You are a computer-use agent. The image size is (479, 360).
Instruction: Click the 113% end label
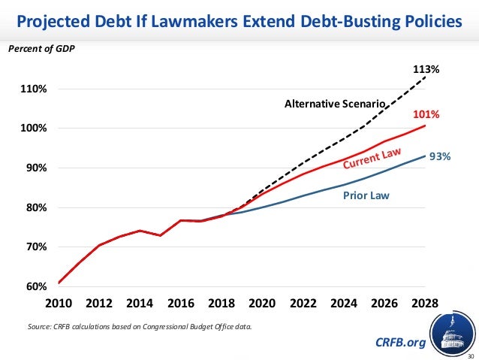point(426,69)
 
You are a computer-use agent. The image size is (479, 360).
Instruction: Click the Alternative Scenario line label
point(334,104)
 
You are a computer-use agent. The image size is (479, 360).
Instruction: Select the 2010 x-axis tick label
point(59,304)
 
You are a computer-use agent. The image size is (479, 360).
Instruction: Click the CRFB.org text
point(399,343)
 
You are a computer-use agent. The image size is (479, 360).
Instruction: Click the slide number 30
point(471,355)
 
